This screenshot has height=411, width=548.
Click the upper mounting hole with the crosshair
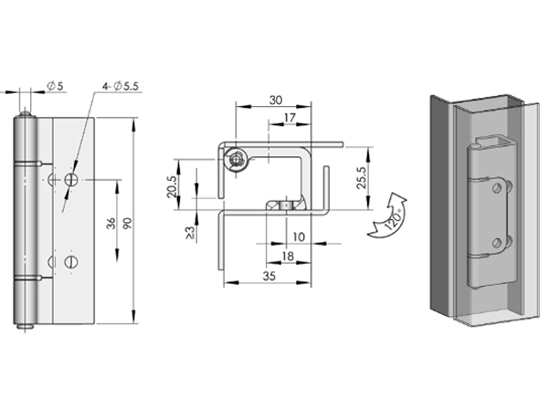pos(71,180)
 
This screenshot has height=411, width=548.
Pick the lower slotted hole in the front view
pos(72,263)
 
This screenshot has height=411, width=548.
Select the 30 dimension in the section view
pos(275,100)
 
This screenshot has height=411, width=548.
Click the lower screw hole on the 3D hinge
pos(496,243)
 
